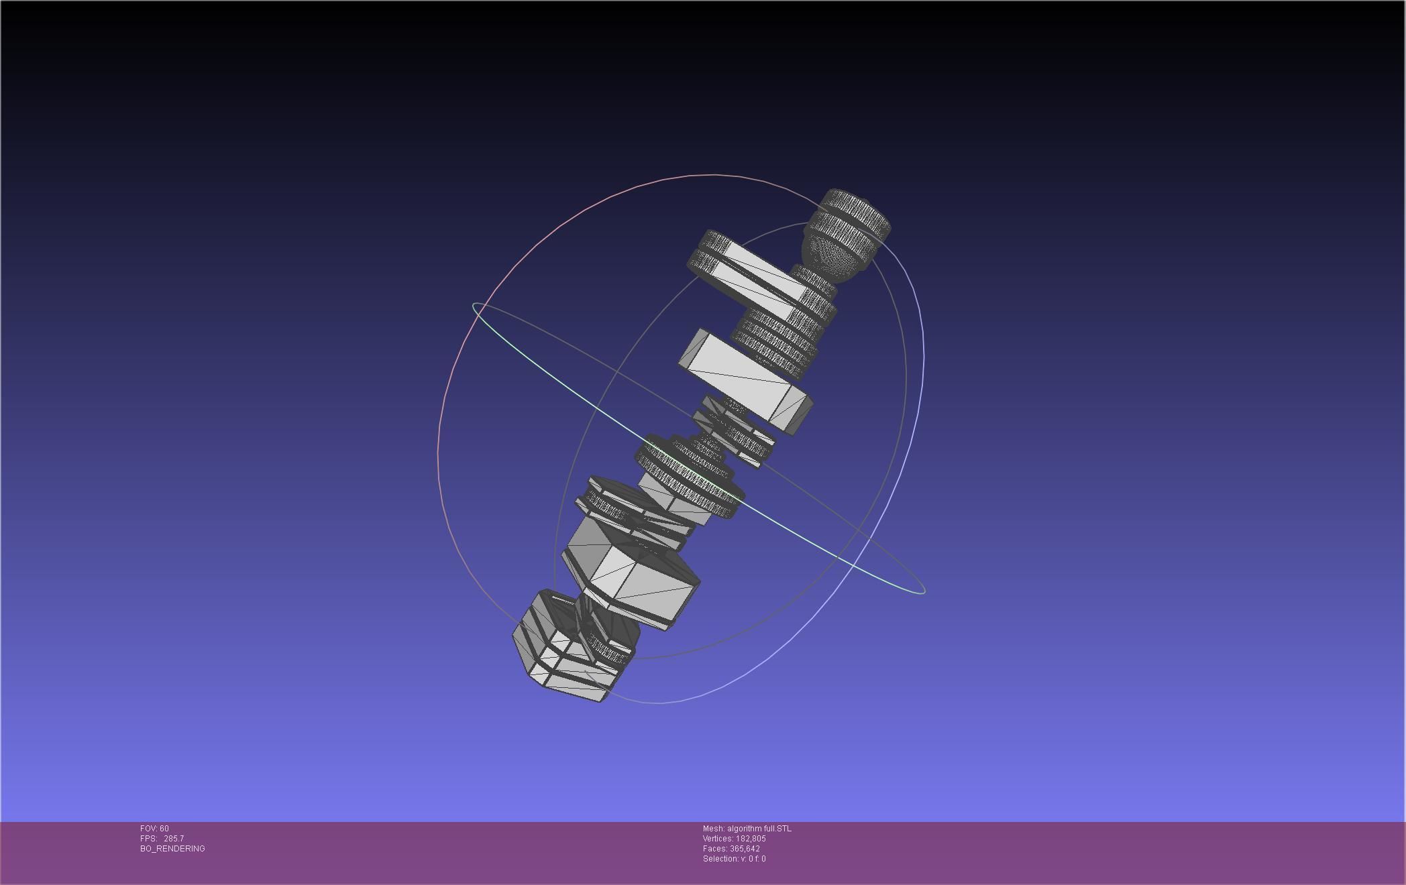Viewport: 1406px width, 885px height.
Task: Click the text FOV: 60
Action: (154, 829)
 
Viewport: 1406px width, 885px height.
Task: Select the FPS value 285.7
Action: (173, 839)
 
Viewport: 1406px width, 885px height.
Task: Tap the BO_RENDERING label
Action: (172, 849)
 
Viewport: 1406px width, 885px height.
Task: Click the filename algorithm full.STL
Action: (759, 829)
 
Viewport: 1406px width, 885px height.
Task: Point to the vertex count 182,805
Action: (751, 839)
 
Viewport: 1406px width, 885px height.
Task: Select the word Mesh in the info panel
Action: (712, 829)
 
